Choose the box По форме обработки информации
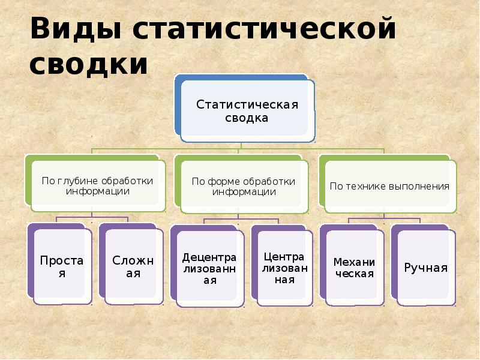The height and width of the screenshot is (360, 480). coord(243,186)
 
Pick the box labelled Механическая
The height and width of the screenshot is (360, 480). coord(353,268)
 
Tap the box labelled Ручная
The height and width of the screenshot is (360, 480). coord(425,268)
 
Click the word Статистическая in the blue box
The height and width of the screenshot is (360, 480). coord(247,105)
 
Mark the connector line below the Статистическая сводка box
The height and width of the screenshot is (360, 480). coord(240,145)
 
